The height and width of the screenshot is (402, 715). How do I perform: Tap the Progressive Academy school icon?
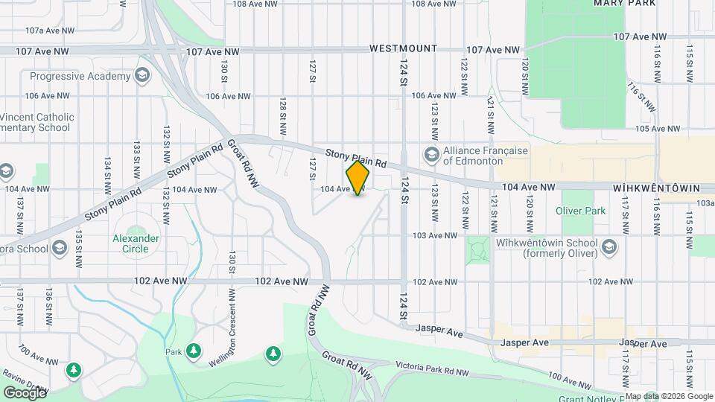coord(142,76)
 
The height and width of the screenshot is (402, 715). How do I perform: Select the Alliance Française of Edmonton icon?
coord(430,155)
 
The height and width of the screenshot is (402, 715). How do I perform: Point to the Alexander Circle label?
coord(136,243)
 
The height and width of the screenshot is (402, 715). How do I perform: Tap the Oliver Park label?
coord(581,211)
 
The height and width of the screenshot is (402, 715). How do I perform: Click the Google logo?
coord(25,392)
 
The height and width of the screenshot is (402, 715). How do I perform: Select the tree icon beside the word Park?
coord(194,350)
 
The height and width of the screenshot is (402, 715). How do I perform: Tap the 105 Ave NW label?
coord(669,128)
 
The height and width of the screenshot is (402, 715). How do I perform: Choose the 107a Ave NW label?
coord(50,31)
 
